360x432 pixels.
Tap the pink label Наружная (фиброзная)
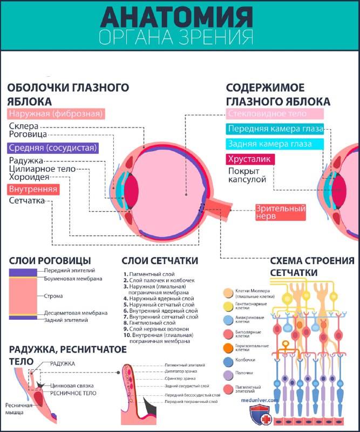pos(56,113)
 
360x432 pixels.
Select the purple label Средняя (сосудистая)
pos(52,147)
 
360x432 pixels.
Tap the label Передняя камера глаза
pos(275,129)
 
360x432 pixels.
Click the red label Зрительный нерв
pos(281,212)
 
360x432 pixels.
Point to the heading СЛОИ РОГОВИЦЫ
pos(50,261)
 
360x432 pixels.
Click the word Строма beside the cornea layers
pos(53,296)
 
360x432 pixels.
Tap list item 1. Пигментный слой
pos(149,274)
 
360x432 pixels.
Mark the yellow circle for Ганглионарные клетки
pos(228,307)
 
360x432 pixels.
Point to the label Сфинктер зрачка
pos(181,379)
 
